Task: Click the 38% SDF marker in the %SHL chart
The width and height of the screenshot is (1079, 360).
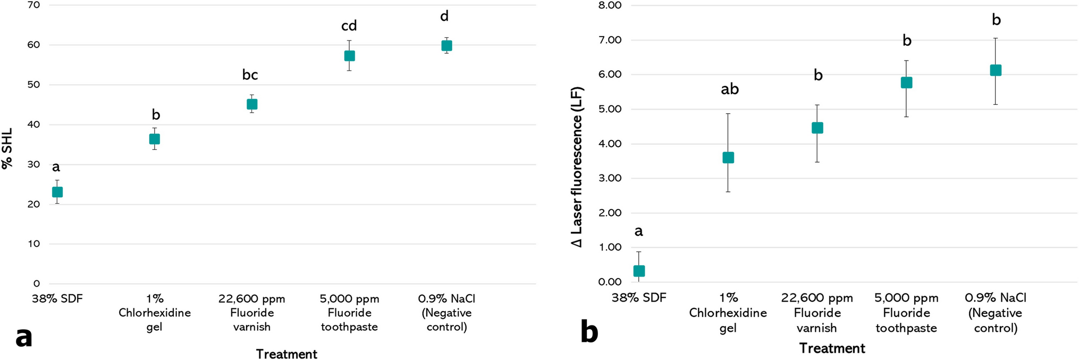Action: pyautogui.click(x=57, y=192)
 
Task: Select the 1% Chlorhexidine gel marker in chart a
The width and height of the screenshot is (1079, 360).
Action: pyautogui.click(x=154, y=139)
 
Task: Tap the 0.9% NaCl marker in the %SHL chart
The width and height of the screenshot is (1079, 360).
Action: pyautogui.click(x=446, y=46)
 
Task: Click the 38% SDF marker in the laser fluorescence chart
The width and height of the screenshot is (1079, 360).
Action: pyautogui.click(x=639, y=271)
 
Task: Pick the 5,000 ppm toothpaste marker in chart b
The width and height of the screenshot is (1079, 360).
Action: pyautogui.click(x=906, y=82)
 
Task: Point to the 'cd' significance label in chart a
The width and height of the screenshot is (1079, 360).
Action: pyautogui.click(x=349, y=26)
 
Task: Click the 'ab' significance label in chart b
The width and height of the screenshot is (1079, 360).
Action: pyautogui.click(x=730, y=89)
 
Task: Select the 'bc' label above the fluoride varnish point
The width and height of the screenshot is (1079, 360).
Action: pyautogui.click(x=250, y=75)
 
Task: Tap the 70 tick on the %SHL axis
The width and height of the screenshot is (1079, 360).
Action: pyautogui.click(x=33, y=5)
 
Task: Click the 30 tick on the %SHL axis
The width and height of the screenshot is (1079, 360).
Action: pyautogui.click(x=33, y=164)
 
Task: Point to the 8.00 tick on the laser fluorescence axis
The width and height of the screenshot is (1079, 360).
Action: pyautogui.click(x=610, y=5)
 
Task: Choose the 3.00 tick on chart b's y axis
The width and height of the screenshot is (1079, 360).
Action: pyautogui.click(x=610, y=178)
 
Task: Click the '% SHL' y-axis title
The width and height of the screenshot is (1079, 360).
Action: pyautogui.click(x=7, y=148)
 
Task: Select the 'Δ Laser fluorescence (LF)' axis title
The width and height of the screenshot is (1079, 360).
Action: pyautogui.click(x=577, y=166)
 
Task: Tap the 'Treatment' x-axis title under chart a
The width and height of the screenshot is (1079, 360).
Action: pyautogui.click(x=286, y=354)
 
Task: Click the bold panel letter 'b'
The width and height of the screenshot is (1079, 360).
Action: pyautogui.click(x=589, y=332)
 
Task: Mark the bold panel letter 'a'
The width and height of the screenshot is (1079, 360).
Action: pyautogui.click(x=24, y=337)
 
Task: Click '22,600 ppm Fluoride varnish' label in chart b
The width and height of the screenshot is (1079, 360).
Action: pyautogui.click(x=817, y=313)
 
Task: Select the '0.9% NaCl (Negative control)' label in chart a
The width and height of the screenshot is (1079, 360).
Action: pyautogui.click(x=446, y=313)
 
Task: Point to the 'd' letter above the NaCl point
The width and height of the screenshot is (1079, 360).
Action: pyautogui.click(x=444, y=16)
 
